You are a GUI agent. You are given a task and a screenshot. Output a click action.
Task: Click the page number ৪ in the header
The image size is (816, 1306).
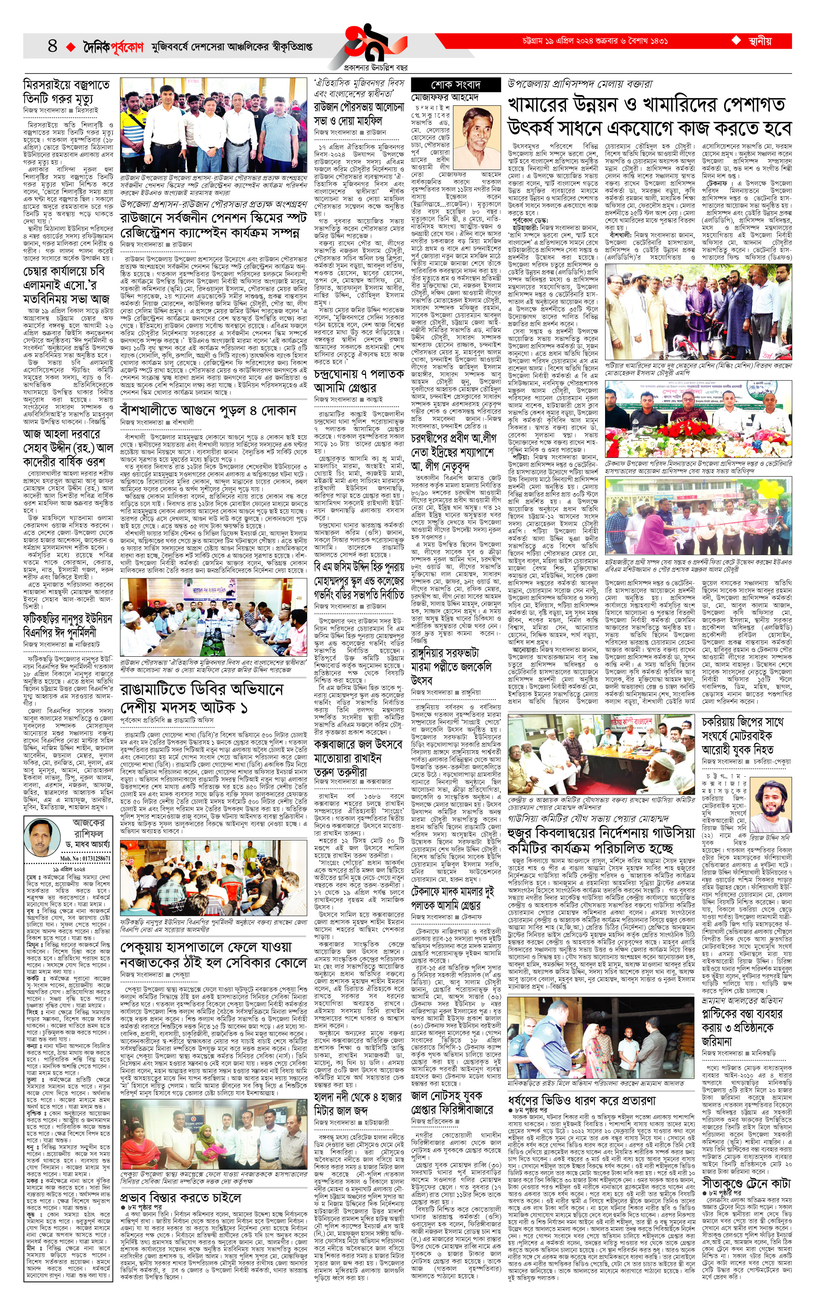tap(52, 45)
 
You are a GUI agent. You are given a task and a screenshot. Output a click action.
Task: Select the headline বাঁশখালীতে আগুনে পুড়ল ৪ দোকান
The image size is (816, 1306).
tap(208, 411)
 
